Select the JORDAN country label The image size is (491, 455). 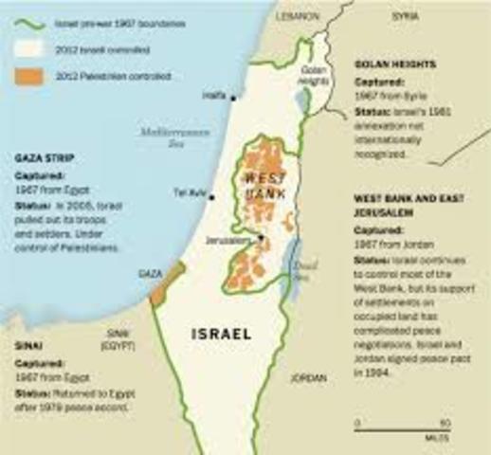pos(308,376)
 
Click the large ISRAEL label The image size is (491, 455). pos(221,334)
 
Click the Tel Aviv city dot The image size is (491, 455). pos(212,197)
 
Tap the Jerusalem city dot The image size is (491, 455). pos(261,238)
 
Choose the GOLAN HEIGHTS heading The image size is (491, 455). pos(394,64)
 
